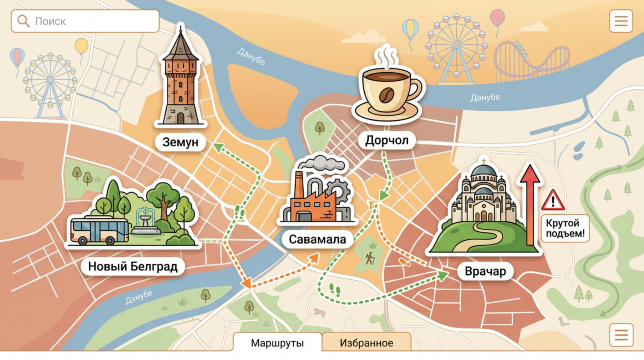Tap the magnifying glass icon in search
23,21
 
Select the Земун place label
181,142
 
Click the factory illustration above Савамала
318,192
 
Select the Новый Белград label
132,266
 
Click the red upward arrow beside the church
529,200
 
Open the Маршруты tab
277,343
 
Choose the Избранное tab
365,343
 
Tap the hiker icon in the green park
370,258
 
